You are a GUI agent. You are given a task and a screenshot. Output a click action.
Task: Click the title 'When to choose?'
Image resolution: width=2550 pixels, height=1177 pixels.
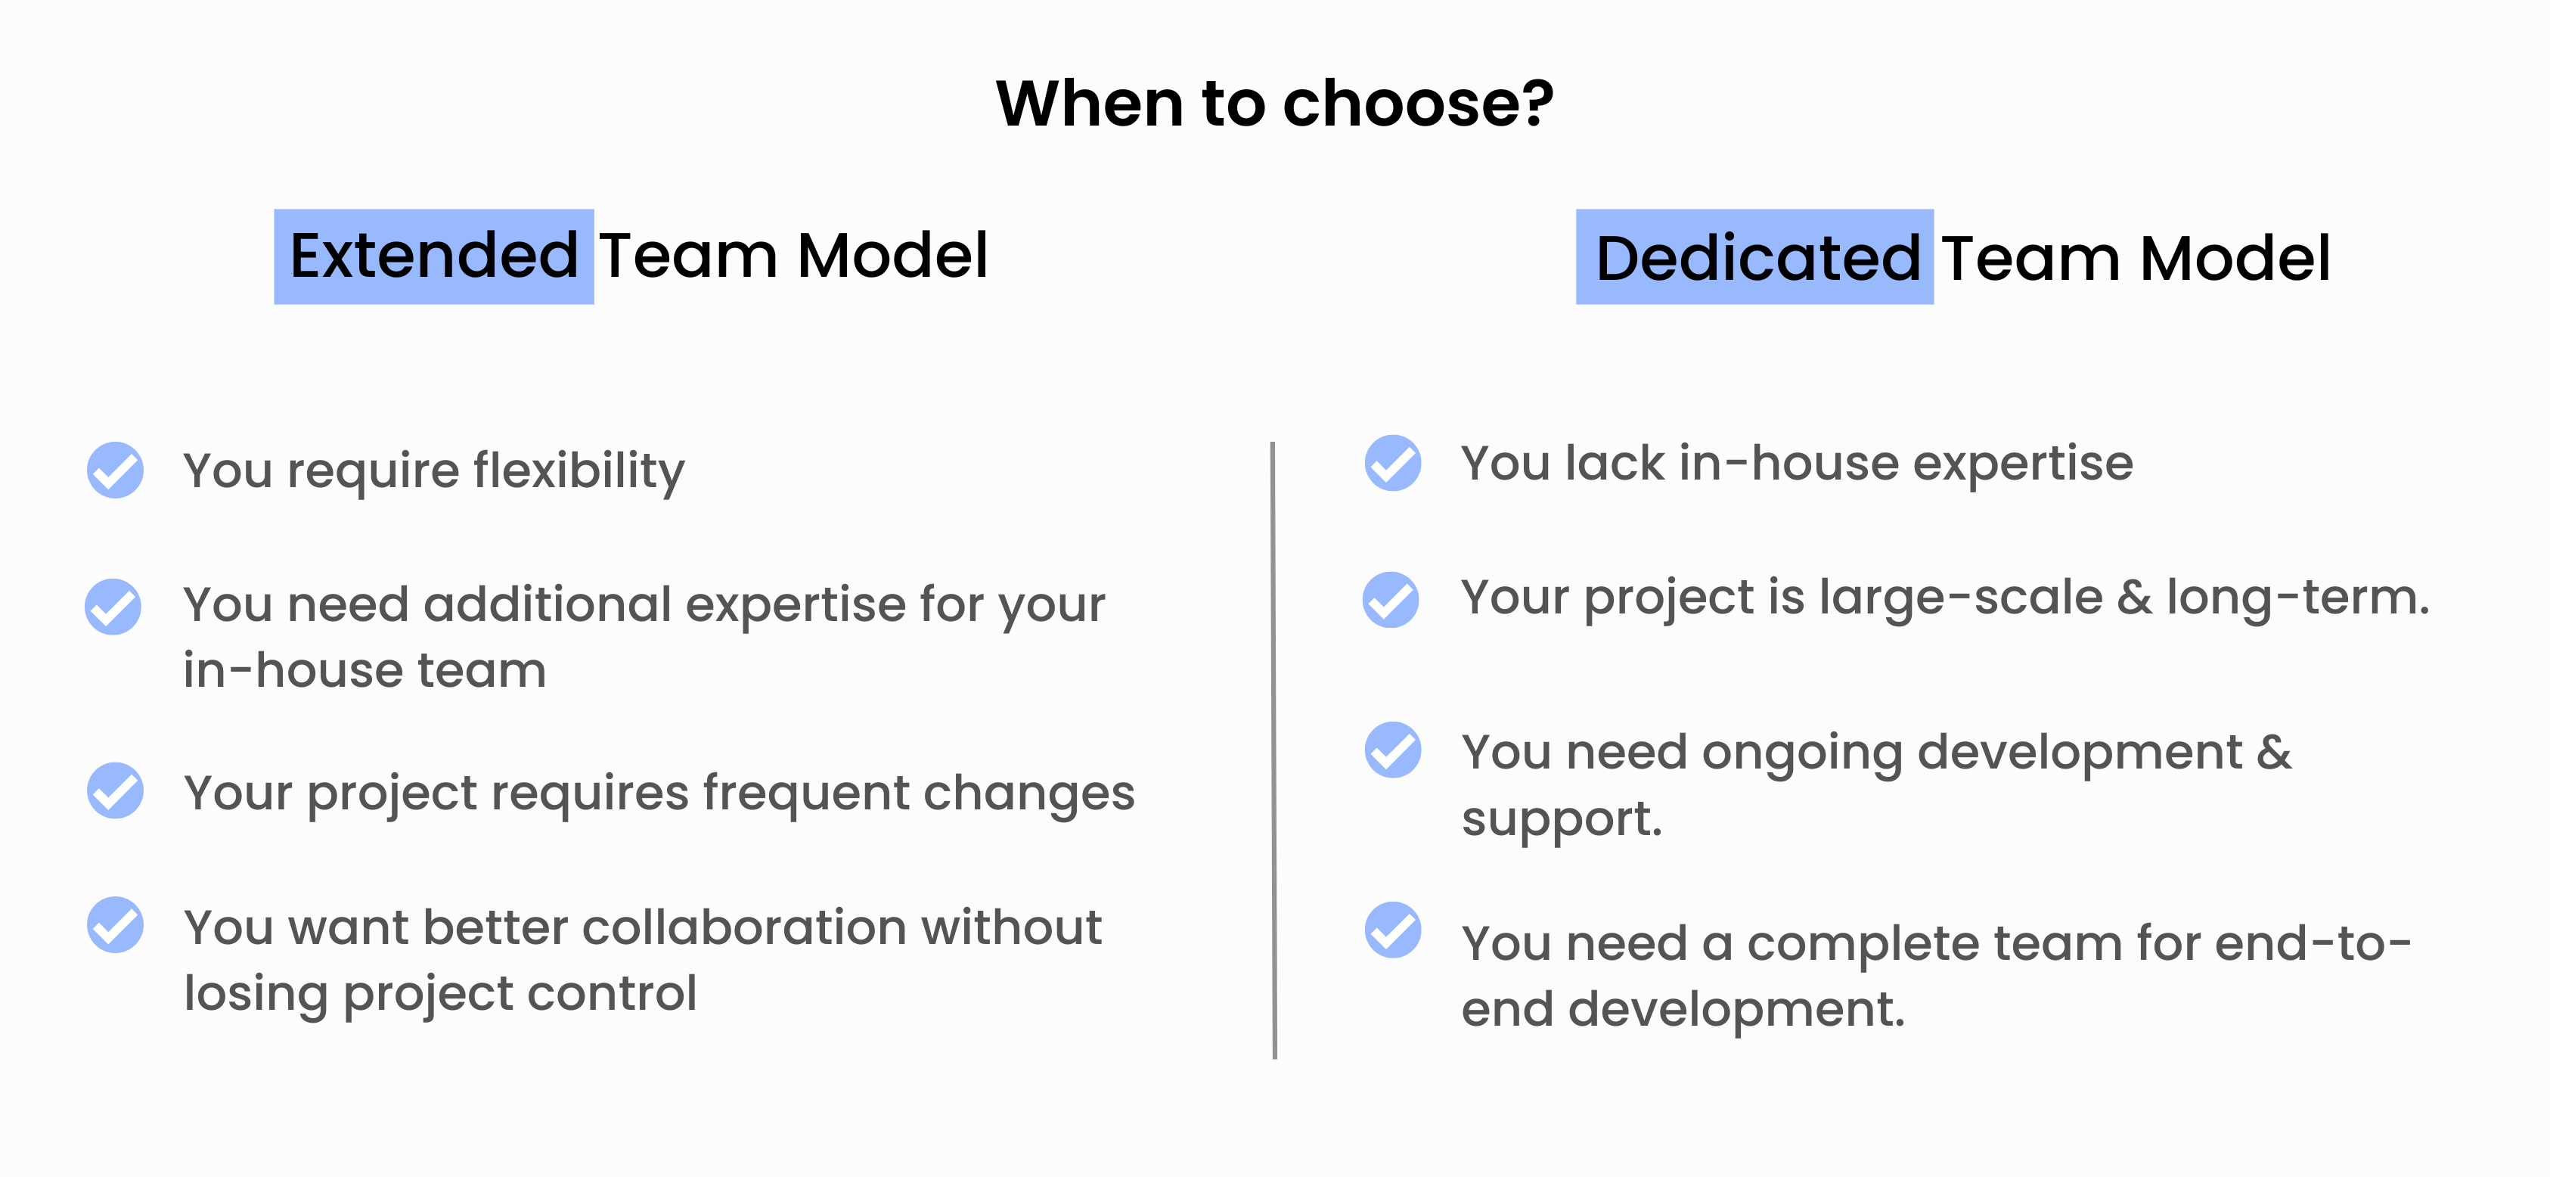[x=1275, y=104]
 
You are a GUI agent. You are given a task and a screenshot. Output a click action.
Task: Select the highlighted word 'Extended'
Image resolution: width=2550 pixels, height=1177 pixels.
[x=433, y=256]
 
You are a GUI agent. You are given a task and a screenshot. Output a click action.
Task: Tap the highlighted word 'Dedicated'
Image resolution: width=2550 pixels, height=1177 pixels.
[x=1758, y=259]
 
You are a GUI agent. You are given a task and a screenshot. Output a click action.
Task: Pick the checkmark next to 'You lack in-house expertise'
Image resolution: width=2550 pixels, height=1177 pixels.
[x=1393, y=462]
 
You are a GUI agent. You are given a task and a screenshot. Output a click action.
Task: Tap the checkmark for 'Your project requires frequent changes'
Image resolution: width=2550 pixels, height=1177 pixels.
[x=115, y=790]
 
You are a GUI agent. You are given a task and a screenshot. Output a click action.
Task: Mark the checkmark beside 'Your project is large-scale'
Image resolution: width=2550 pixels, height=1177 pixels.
[x=1391, y=599]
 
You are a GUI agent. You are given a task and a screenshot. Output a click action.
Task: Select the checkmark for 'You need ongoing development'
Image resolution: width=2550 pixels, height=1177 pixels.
[x=1393, y=750]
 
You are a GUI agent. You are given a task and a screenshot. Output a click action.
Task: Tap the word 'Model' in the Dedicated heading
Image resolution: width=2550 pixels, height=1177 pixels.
[x=2235, y=259]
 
